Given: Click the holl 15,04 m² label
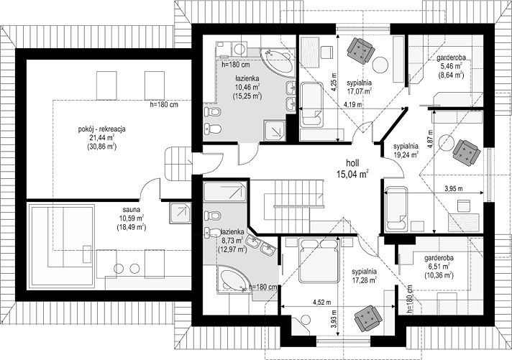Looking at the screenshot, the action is pos(352,168).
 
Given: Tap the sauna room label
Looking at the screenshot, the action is pos(132,218).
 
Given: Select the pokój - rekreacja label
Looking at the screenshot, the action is pos(102,138).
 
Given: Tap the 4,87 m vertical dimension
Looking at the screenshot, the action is pos(430,139).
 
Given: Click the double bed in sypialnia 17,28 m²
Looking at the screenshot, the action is pos(319,260).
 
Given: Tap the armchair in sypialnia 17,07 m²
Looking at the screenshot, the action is pos(360,51).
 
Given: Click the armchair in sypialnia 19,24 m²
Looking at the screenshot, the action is pos(466,152).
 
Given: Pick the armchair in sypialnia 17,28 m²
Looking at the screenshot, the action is pos(368,318).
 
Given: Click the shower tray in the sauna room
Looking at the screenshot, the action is pos(180,213).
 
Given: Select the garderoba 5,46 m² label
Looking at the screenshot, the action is pos(451,67).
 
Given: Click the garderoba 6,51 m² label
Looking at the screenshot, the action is pos(439,267).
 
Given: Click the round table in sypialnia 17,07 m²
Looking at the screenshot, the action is pos(380,65).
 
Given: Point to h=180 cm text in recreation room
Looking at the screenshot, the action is pos(163,105).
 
